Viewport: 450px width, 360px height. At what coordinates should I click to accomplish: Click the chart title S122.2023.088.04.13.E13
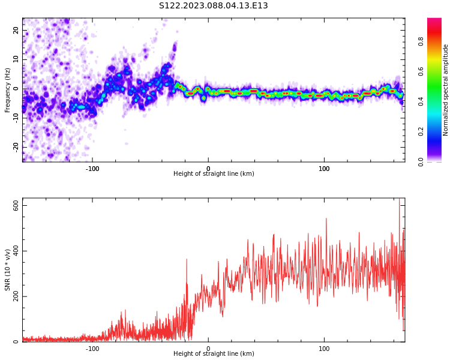(213, 6)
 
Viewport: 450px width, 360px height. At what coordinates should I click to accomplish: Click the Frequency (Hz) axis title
(8, 89)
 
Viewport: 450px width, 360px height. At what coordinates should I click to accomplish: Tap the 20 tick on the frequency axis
(16, 30)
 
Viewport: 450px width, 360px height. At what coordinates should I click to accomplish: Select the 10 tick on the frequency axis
(16, 59)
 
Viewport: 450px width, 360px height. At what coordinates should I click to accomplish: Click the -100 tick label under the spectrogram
(92, 169)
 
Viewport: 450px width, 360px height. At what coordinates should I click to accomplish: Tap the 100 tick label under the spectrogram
(324, 169)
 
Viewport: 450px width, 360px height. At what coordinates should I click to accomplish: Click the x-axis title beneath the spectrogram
(214, 174)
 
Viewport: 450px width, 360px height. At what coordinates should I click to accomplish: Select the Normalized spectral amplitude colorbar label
(446, 89)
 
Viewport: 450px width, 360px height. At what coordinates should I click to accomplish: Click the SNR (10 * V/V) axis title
(8, 270)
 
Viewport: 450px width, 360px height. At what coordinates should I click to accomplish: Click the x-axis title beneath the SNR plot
(214, 354)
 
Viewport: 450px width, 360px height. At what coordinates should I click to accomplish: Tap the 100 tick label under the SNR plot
(324, 349)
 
